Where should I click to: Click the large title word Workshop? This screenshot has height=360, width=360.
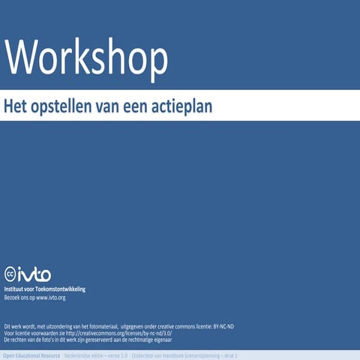click(x=87, y=55)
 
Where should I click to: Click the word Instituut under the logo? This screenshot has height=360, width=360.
click(x=17, y=289)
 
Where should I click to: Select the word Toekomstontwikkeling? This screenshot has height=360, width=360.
click(x=62, y=289)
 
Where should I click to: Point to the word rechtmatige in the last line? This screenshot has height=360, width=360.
click(x=150, y=340)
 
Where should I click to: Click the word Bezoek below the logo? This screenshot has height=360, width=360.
click(x=13, y=298)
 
